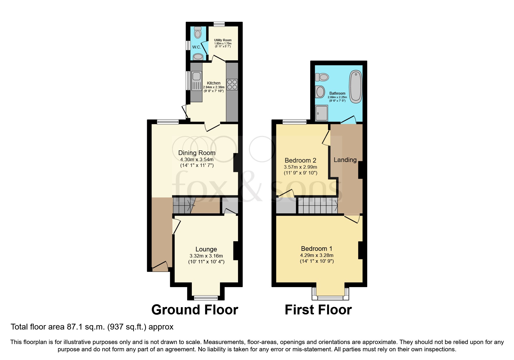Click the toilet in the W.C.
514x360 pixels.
tap(198, 33)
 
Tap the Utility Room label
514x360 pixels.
tap(223, 40)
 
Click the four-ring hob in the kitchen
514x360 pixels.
tap(232, 84)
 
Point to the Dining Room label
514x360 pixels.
tap(197, 153)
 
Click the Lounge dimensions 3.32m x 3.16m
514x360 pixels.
tap(206, 256)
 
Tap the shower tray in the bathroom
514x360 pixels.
tap(322, 113)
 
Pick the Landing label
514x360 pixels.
tap(345, 160)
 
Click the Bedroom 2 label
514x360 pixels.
tap(300, 161)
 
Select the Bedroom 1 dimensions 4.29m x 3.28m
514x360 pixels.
tap(317, 255)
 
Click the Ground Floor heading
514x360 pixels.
tap(195, 310)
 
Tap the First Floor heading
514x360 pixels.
tap(318, 310)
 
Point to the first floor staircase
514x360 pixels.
tap(318, 206)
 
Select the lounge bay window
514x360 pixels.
tap(206, 297)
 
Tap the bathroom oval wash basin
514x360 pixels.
tap(320, 92)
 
